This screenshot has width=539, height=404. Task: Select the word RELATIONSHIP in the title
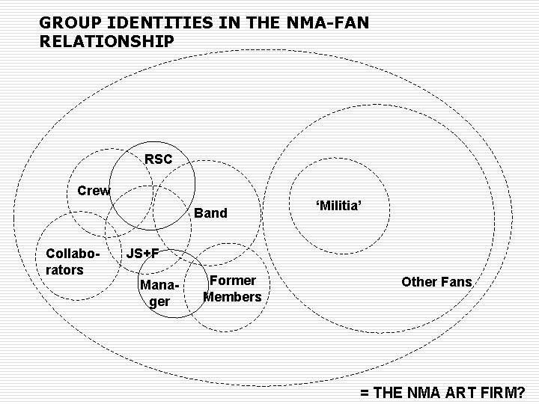click(x=106, y=40)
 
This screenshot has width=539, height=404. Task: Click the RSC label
click(x=158, y=159)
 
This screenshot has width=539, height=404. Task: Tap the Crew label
click(x=94, y=190)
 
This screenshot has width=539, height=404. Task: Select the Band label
click(x=210, y=213)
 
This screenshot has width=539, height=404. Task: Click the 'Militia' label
click(x=340, y=203)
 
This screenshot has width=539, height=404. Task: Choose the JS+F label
click(x=141, y=253)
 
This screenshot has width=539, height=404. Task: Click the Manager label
click(x=157, y=294)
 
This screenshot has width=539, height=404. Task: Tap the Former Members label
click(x=233, y=289)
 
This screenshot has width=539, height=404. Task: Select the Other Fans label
click(x=436, y=282)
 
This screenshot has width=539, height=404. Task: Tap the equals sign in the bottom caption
click(x=365, y=392)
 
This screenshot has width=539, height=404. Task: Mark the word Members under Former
click(x=233, y=297)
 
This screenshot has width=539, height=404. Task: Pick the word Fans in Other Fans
click(x=457, y=282)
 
